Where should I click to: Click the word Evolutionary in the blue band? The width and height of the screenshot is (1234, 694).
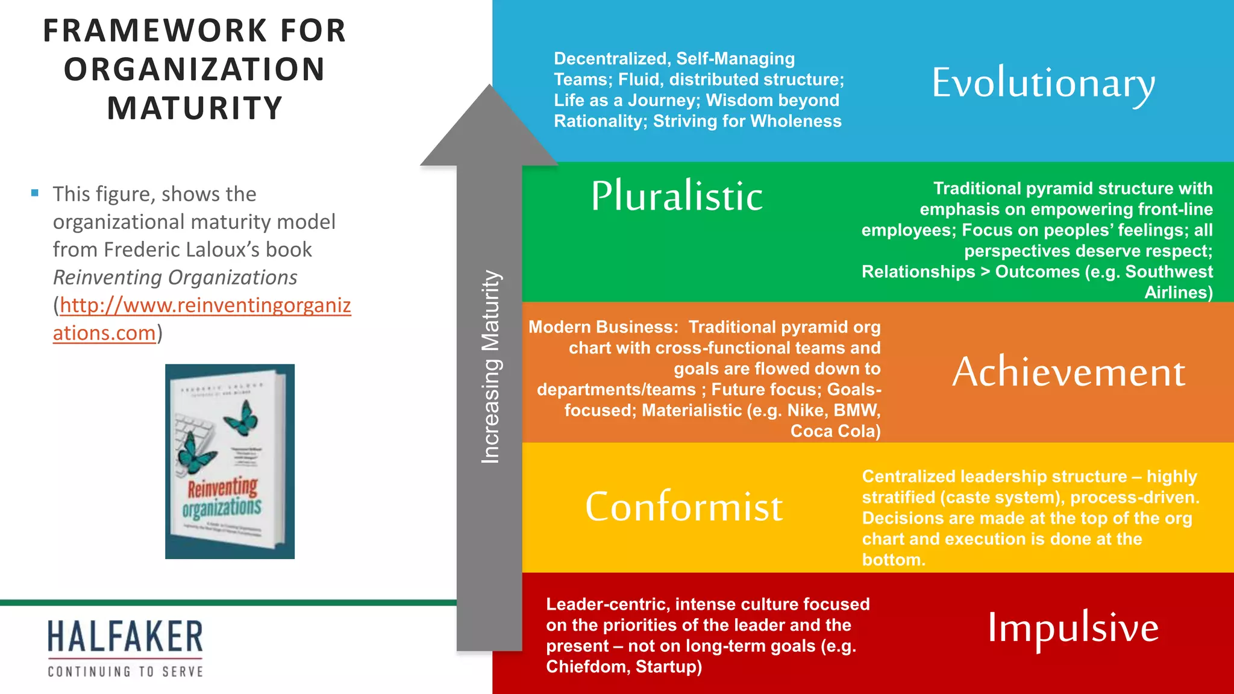point(1043,84)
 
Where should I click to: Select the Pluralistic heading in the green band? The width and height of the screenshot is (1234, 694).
point(677,196)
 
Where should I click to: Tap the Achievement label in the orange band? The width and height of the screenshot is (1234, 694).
point(1068,372)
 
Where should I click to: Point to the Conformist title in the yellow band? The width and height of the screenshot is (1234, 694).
point(684,507)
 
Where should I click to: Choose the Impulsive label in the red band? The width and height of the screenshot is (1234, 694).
point(1073,628)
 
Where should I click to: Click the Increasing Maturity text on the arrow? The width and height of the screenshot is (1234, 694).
point(490,367)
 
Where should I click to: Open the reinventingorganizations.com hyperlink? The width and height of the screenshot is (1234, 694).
point(205,305)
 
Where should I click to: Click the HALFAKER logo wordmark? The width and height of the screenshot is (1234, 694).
point(125,637)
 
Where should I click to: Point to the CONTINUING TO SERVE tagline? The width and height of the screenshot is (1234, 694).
point(125,671)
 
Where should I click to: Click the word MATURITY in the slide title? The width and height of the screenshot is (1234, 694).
point(195,108)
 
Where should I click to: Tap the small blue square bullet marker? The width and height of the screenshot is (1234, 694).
point(35,193)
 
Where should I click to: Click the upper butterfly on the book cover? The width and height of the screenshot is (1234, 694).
point(242,418)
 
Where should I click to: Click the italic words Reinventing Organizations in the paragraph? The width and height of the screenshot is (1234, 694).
point(175,277)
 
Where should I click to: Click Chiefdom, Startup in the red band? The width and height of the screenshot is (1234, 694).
point(624,667)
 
